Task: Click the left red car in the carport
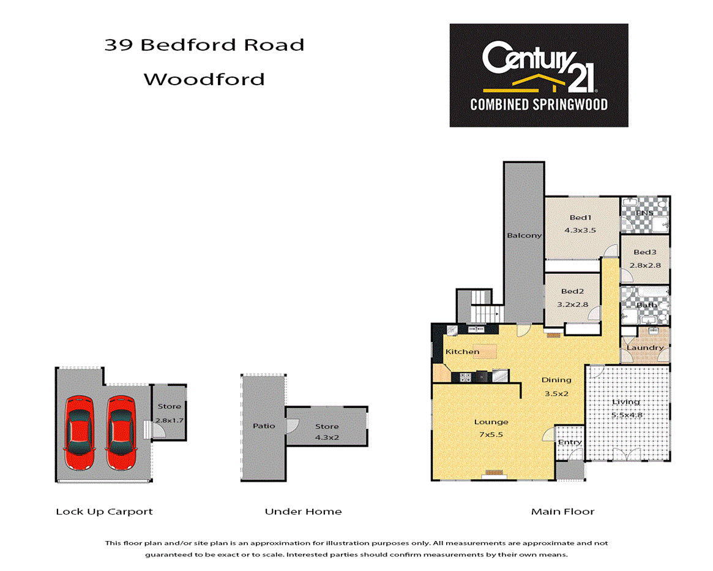(x=80, y=431)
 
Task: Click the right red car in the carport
(x=121, y=431)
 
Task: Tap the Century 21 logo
(x=539, y=75)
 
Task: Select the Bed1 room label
(x=580, y=217)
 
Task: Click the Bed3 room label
(x=645, y=252)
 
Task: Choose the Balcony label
(x=524, y=235)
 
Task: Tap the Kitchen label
(x=462, y=352)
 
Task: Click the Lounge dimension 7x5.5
(x=491, y=434)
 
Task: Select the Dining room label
(x=556, y=380)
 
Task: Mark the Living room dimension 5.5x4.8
(x=626, y=415)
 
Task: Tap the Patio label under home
(x=264, y=426)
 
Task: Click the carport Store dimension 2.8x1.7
(x=170, y=420)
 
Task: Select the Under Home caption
(x=303, y=512)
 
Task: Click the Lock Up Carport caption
(x=104, y=512)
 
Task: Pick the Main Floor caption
(x=562, y=512)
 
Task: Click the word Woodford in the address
(x=204, y=79)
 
